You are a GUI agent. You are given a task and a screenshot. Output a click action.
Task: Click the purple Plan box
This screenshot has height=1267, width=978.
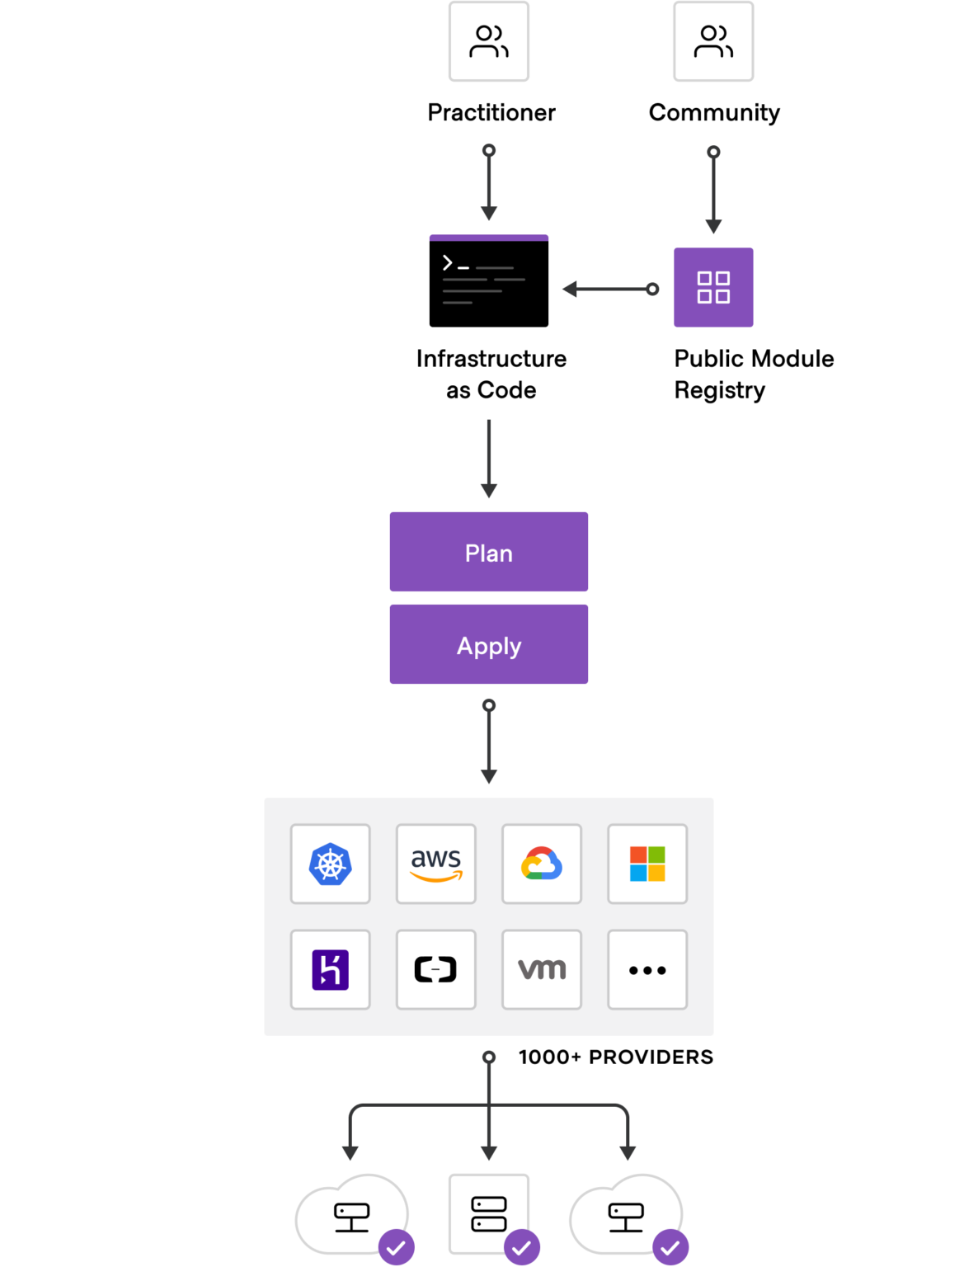pyautogui.click(x=488, y=552)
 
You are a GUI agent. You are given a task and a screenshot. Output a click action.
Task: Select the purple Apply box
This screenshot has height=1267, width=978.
pyautogui.click(x=488, y=644)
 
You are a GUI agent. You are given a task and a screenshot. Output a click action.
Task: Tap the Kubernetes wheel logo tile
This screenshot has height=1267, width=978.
pyautogui.click(x=330, y=864)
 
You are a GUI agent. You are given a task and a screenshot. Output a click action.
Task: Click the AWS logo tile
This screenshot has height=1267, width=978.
pyautogui.click(x=435, y=864)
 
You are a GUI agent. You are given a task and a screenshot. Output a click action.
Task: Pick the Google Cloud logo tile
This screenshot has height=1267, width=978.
pyautogui.click(x=541, y=864)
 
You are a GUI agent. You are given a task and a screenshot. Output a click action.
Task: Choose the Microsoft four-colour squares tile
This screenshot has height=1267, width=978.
pyautogui.click(x=647, y=864)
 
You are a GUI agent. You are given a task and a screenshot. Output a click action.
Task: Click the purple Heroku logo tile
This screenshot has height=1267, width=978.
pyautogui.click(x=330, y=969)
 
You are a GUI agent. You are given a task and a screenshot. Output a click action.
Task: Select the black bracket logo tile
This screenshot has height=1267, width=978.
pyautogui.click(x=435, y=969)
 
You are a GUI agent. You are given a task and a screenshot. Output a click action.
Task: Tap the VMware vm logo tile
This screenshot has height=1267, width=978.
pyautogui.click(x=541, y=969)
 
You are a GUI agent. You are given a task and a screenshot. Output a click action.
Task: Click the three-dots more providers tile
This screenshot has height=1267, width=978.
pyautogui.click(x=647, y=969)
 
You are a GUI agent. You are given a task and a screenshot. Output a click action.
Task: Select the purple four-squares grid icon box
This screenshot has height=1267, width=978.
pyautogui.click(x=713, y=287)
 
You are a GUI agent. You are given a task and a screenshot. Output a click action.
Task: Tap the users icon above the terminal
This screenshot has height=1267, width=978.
pyautogui.click(x=488, y=41)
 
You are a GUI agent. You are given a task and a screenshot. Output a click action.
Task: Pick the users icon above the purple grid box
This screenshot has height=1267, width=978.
pyautogui.click(x=713, y=41)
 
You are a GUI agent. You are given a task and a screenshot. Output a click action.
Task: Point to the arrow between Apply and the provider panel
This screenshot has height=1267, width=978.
pyautogui.click(x=489, y=742)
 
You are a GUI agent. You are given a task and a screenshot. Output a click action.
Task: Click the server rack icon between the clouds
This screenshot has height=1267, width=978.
pyautogui.click(x=488, y=1213)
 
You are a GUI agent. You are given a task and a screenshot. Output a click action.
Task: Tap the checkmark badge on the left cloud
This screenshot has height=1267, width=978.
pyautogui.click(x=397, y=1247)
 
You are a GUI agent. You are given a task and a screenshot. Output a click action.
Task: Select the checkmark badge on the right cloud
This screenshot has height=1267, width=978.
pyautogui.click(x=670, y=1247)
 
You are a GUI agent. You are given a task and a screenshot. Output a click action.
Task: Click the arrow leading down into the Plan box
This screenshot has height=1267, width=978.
pyautogui.click(x=489, y=458)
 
